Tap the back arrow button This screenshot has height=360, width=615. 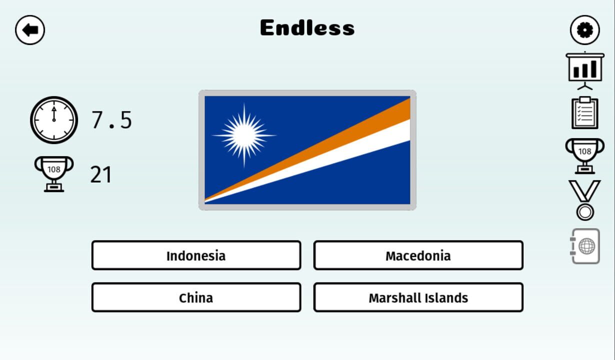pos(30,30)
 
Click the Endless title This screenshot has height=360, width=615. pos(307,28)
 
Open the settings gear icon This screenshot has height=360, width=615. pos(584,30)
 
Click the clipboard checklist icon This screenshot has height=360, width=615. pos(584,112)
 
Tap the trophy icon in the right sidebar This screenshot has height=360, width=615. pos(584,154)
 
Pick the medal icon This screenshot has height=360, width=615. pos(584,200)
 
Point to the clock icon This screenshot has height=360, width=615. pos(54,120)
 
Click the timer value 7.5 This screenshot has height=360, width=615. pos(111,120)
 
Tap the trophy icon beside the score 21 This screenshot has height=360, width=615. pos(53,173)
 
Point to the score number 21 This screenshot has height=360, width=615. pos(100,175)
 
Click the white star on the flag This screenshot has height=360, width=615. pos(244,135)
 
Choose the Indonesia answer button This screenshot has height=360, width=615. pos(196,255)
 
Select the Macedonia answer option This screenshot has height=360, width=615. pos(418,255)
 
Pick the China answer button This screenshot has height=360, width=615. pos(196,297)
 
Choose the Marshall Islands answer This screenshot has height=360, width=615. pos(418,297)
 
